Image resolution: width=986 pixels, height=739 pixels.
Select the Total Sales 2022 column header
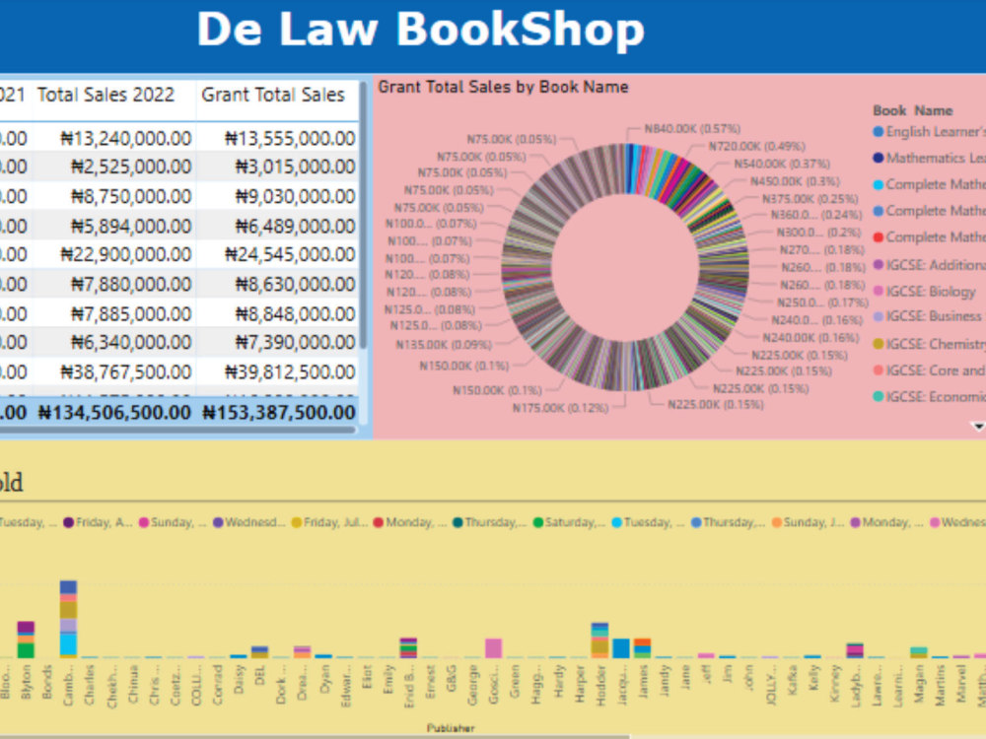[106, 96]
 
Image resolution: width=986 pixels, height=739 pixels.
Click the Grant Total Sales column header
[273, 96]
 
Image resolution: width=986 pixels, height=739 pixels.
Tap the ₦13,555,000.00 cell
[289, 139]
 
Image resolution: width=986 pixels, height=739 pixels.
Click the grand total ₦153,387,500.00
[279, 413]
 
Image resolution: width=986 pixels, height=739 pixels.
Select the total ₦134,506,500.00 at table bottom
[114, 413]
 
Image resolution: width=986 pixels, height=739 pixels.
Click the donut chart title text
[503, 87]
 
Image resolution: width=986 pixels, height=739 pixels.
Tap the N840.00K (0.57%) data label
[692, 128]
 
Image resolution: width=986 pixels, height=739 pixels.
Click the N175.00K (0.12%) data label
[559, 406]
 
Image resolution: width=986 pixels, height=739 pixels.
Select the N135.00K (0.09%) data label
[444, 345]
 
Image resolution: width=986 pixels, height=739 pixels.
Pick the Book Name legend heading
[913, 110]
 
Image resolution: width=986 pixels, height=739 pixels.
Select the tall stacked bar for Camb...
[68, 619]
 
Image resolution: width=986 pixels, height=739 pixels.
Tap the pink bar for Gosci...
[493, 647]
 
